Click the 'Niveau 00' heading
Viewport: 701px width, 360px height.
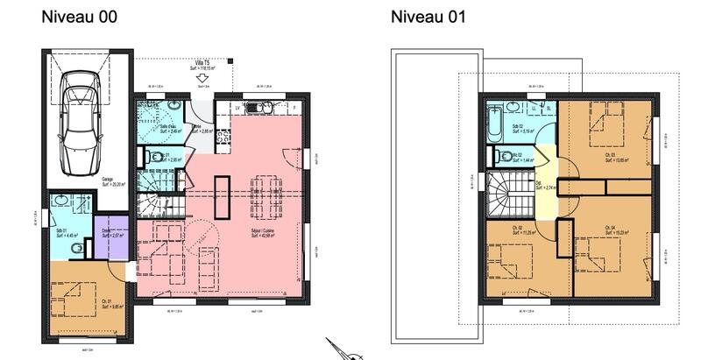[80, 17]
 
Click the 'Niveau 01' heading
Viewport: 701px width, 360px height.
[428, 17]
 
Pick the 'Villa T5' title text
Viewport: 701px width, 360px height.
[202, 63]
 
